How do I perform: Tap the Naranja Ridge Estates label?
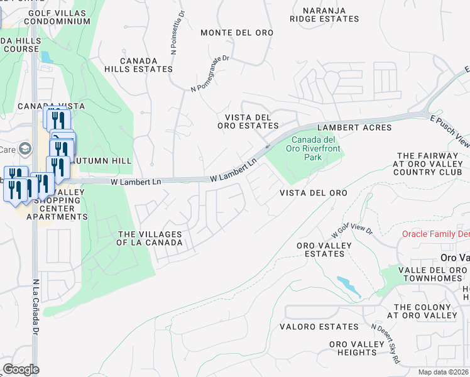pyautogui.click(x=324, y=15)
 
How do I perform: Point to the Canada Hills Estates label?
pyautogui.click(x=139, y=64)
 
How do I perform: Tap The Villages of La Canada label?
pyautogui.click(x=150, y=238)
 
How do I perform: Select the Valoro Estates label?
pyautogui.click(x=321, y=327)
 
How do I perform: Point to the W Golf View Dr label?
pyautogui.click(x=356, y=227)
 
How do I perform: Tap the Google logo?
pyautogui.click(x=21, y=369)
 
